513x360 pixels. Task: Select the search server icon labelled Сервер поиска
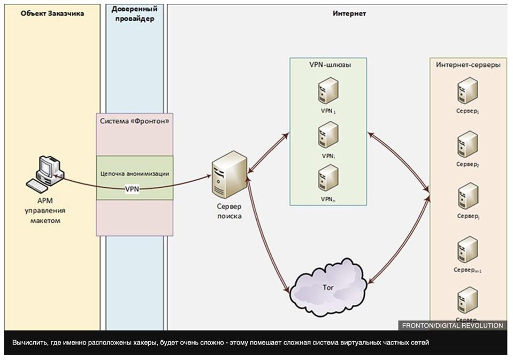pyautogui.click(x=229, y=174)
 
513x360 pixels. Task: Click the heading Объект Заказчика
pyautogui.click(x=52, y=14)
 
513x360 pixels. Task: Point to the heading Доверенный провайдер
pyautogui.click(x=134, y=14)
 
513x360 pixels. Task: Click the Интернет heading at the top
pyautogui.click(x=349, y=14)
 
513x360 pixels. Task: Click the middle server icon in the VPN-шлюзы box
pyautogui.click(x=328, y=135)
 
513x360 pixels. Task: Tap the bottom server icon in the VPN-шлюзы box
pyautogui.click(x=328, y=179)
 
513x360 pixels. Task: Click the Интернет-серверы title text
pyautogui.click(x=468, y=65)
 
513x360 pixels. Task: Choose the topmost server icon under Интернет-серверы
pyautogui.click(x=468, y=90)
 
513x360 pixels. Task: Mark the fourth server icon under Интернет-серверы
pyautogui.click(x=468, y=249)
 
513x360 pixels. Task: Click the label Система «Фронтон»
pyautogui.click(x=135, y=121)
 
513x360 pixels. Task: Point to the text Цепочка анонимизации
pyautogui.click(x=135, y=174)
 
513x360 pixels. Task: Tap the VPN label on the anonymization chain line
pyautogui.click(x=132, y=189)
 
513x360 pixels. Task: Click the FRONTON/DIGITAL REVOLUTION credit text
pyautogui.click(x=453, y=325)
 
